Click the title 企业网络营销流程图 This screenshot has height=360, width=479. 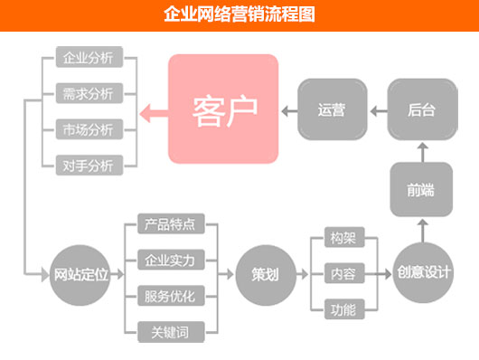click(239, 14)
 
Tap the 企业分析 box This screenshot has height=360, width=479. click(89, 59)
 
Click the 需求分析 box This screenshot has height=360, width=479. click(89, 94)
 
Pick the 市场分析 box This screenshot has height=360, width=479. click(89, 128)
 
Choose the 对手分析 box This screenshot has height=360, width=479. click(89, 164)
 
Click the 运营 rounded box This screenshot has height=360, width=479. click(332, 109)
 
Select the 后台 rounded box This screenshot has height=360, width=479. click(420, 109)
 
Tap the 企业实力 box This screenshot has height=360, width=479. click(170, 261)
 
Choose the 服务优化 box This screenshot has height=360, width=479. click(170, 296)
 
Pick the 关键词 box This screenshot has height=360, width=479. click(170, 331)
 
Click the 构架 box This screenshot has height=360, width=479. click(343, 240)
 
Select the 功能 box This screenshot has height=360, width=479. click(343, 309)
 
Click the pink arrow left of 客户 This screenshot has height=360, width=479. click(154, 111)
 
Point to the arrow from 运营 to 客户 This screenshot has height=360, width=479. click(287, 110)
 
